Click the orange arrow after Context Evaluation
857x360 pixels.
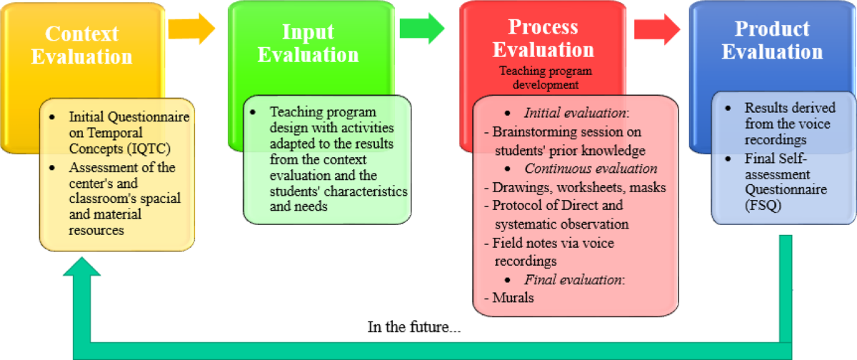click(x=191, y=29)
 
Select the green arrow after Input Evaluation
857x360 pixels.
click(x=422, y=29)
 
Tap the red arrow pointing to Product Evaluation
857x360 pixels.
click(x=657, y=29)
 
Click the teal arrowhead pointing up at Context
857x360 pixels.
click(x=82, y=266)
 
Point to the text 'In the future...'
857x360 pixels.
click(x=414, y=327)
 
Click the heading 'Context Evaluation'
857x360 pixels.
click(x=82, y=45)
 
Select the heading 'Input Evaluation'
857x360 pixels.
click(x=308, y=43)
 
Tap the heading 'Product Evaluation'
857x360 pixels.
click(x=772, y=40)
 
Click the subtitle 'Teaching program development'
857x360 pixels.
click(x=546, y=77)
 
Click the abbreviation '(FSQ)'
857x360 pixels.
click(x=763, y=206)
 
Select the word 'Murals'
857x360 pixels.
click(x=513, y=298)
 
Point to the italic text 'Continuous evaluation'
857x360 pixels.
click(x=591, y=169)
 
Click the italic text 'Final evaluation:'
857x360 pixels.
click(x=575, y=280)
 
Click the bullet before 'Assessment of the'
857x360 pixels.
click(x=52, y=168)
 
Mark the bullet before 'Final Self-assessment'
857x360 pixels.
click(x=728, y=159)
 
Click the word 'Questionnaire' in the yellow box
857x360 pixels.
click(x=149, y=116)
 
